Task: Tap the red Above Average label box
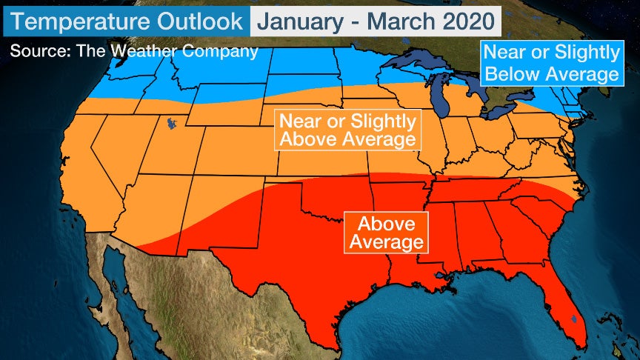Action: [386, 233]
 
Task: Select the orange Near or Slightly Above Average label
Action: [347, 130]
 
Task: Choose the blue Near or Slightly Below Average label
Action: [550, 63]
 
